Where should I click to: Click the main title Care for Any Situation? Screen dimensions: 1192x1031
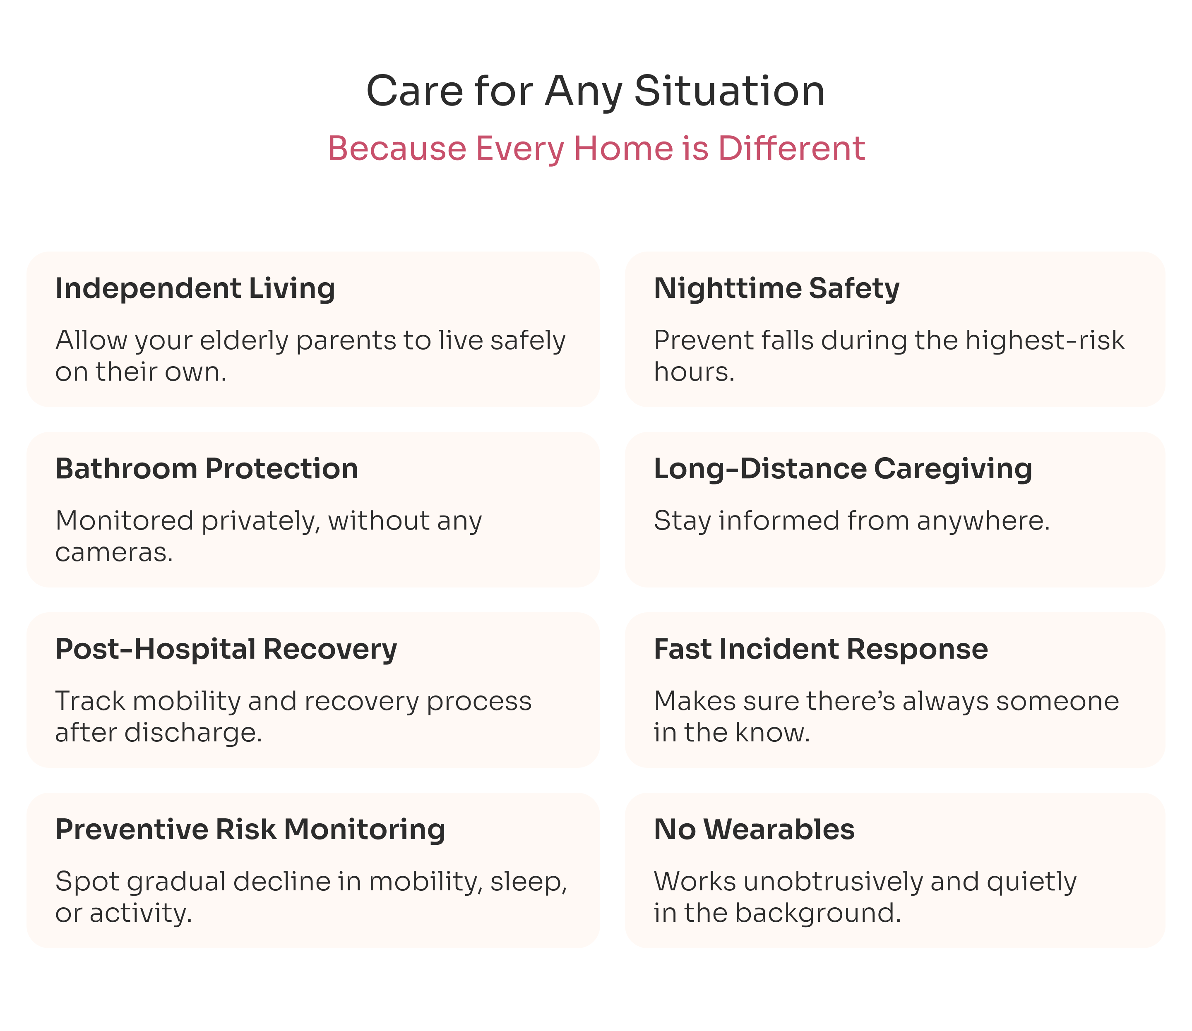click(x=596, y=91)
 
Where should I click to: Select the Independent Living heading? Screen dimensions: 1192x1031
click(x=195, y=288)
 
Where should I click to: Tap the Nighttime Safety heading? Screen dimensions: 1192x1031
click(x=776, y=288)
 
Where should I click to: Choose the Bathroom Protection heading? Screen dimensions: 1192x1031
click(x=207, y=468)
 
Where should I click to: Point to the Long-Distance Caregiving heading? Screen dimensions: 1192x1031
click(x=843, y=469)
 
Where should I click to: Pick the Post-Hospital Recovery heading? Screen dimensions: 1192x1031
click(x=226, y=649)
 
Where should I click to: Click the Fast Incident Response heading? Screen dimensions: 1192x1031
click(x=821, y=649)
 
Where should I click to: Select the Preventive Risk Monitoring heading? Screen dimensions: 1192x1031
click(x=250, y=830)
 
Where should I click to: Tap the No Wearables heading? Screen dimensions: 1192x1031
click(x=754, y=829)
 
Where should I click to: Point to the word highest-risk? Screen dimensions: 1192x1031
click(x=1045, y=340)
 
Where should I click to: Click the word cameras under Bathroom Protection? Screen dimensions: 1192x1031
click(x=114, y=552)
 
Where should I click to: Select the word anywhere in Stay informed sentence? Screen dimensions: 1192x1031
click(x=983, y=521)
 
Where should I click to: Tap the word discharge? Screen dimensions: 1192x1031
click(x=193, y=732)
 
